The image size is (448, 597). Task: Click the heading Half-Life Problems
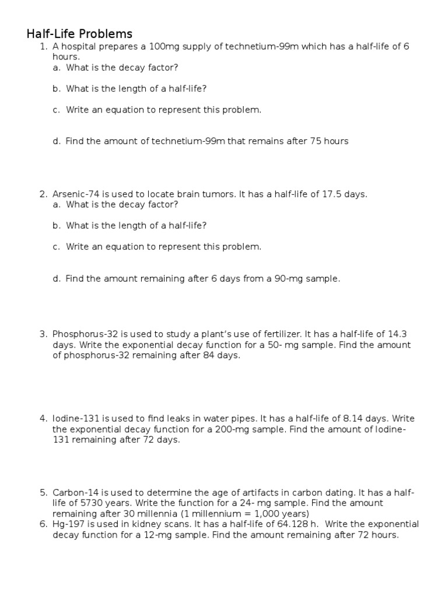point(79,34)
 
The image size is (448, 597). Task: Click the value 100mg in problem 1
point(161,47)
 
